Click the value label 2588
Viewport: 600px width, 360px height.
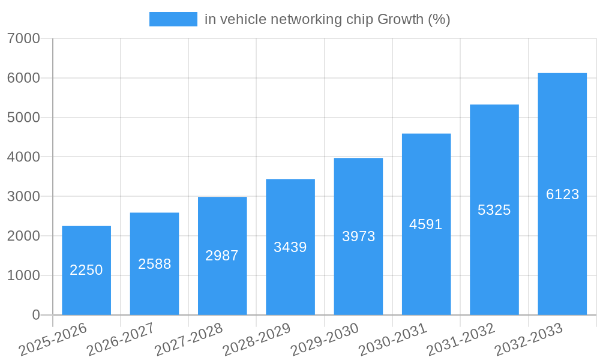(154, 264)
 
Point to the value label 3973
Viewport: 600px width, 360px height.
(358, 236)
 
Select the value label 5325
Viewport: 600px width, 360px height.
(494, 210)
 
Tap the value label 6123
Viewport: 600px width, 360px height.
(562, 194)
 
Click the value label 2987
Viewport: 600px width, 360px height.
(222, 256)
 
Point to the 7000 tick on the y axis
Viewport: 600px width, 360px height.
(24, 39)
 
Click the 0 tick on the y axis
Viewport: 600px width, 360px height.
(35, 315)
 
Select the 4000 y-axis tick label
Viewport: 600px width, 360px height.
(24, 157)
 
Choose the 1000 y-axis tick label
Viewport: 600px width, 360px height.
(24, 275)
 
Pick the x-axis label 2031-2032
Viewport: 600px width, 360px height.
(461, 340)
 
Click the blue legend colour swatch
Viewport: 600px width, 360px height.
(173, 19)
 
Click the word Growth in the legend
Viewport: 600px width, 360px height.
(400, 19)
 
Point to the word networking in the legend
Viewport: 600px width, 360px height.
(306, 19)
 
